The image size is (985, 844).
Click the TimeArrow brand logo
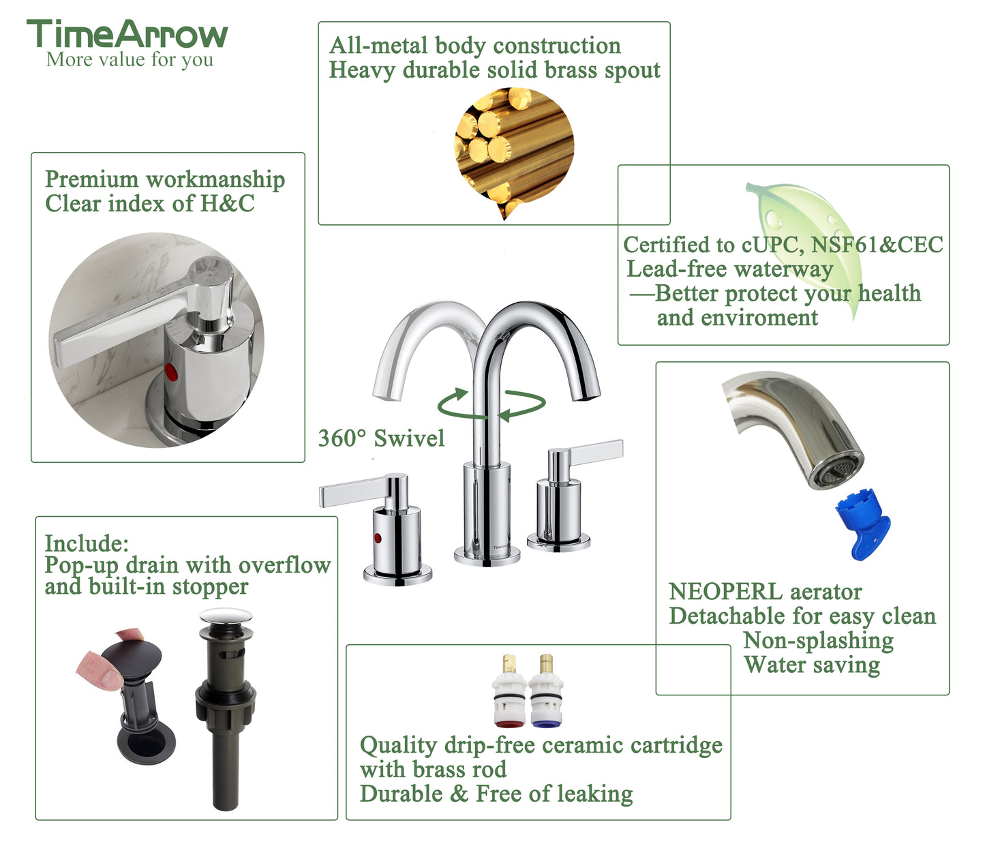tap(127, 33)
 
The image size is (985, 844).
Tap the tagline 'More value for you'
tap(130, 60)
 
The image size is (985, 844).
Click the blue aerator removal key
tap(862, 524)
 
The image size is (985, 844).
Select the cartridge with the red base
tap(509, 691)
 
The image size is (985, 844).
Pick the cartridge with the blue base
tap(546, 691)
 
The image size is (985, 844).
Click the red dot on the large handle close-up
tap(170, 372)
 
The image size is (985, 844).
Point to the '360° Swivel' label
tap(381, 438)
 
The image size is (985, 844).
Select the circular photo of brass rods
tap(514, 150)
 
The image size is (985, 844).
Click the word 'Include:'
tap(87, 543)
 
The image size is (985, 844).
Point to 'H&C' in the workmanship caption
tap(227, 203)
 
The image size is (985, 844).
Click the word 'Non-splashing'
tap(818, 641)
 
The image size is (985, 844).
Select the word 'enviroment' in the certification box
tap(737, 318)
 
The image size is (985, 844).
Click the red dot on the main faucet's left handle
tap(378, 539)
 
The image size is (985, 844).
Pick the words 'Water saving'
tap(812, 665)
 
